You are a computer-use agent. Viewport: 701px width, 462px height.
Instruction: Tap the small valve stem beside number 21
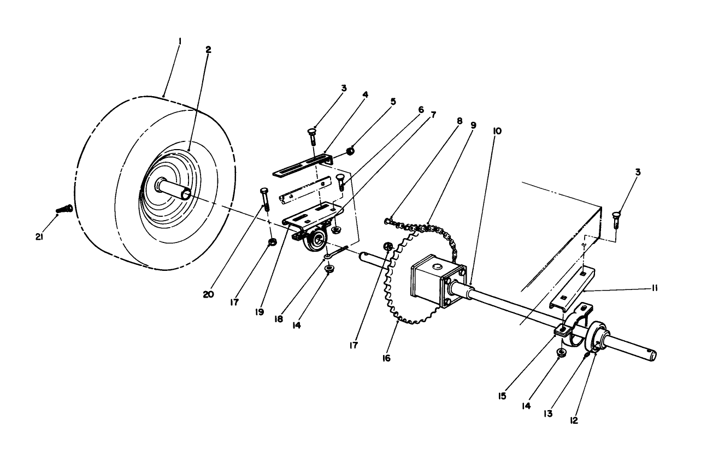pyautogui.click(x=64, y=209)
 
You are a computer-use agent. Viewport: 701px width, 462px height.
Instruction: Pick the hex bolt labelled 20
pyautogui.click(x=265, y=199)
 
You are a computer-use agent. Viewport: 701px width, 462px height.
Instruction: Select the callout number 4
pyautogui.click(x=365, y=94)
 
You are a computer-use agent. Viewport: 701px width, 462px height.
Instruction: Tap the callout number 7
pyautogui.click(x=433, y=115)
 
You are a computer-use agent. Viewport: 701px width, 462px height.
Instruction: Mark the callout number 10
pyautogui.click(x=497, y=131)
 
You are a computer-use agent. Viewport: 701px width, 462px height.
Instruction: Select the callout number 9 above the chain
pyautogui.click(x=473, y=125)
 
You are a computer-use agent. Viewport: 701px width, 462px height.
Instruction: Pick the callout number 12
pyautogui.click(x=573, y=420)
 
